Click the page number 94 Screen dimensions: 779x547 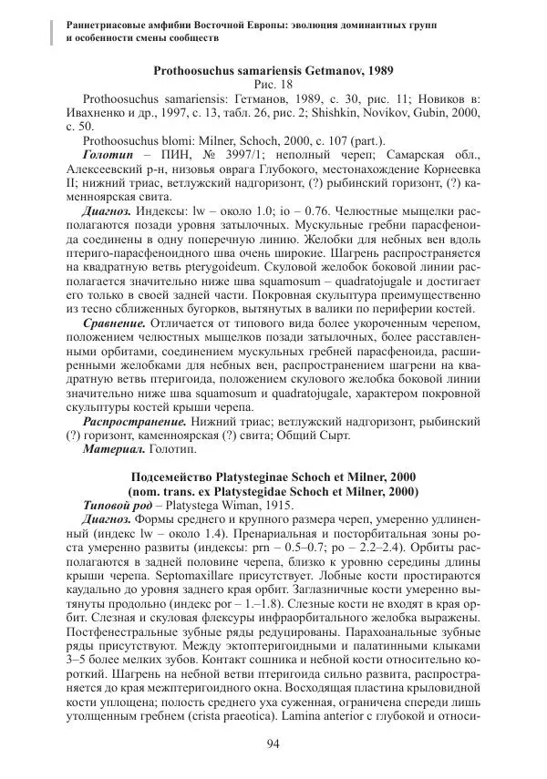[x=273, y=743]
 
